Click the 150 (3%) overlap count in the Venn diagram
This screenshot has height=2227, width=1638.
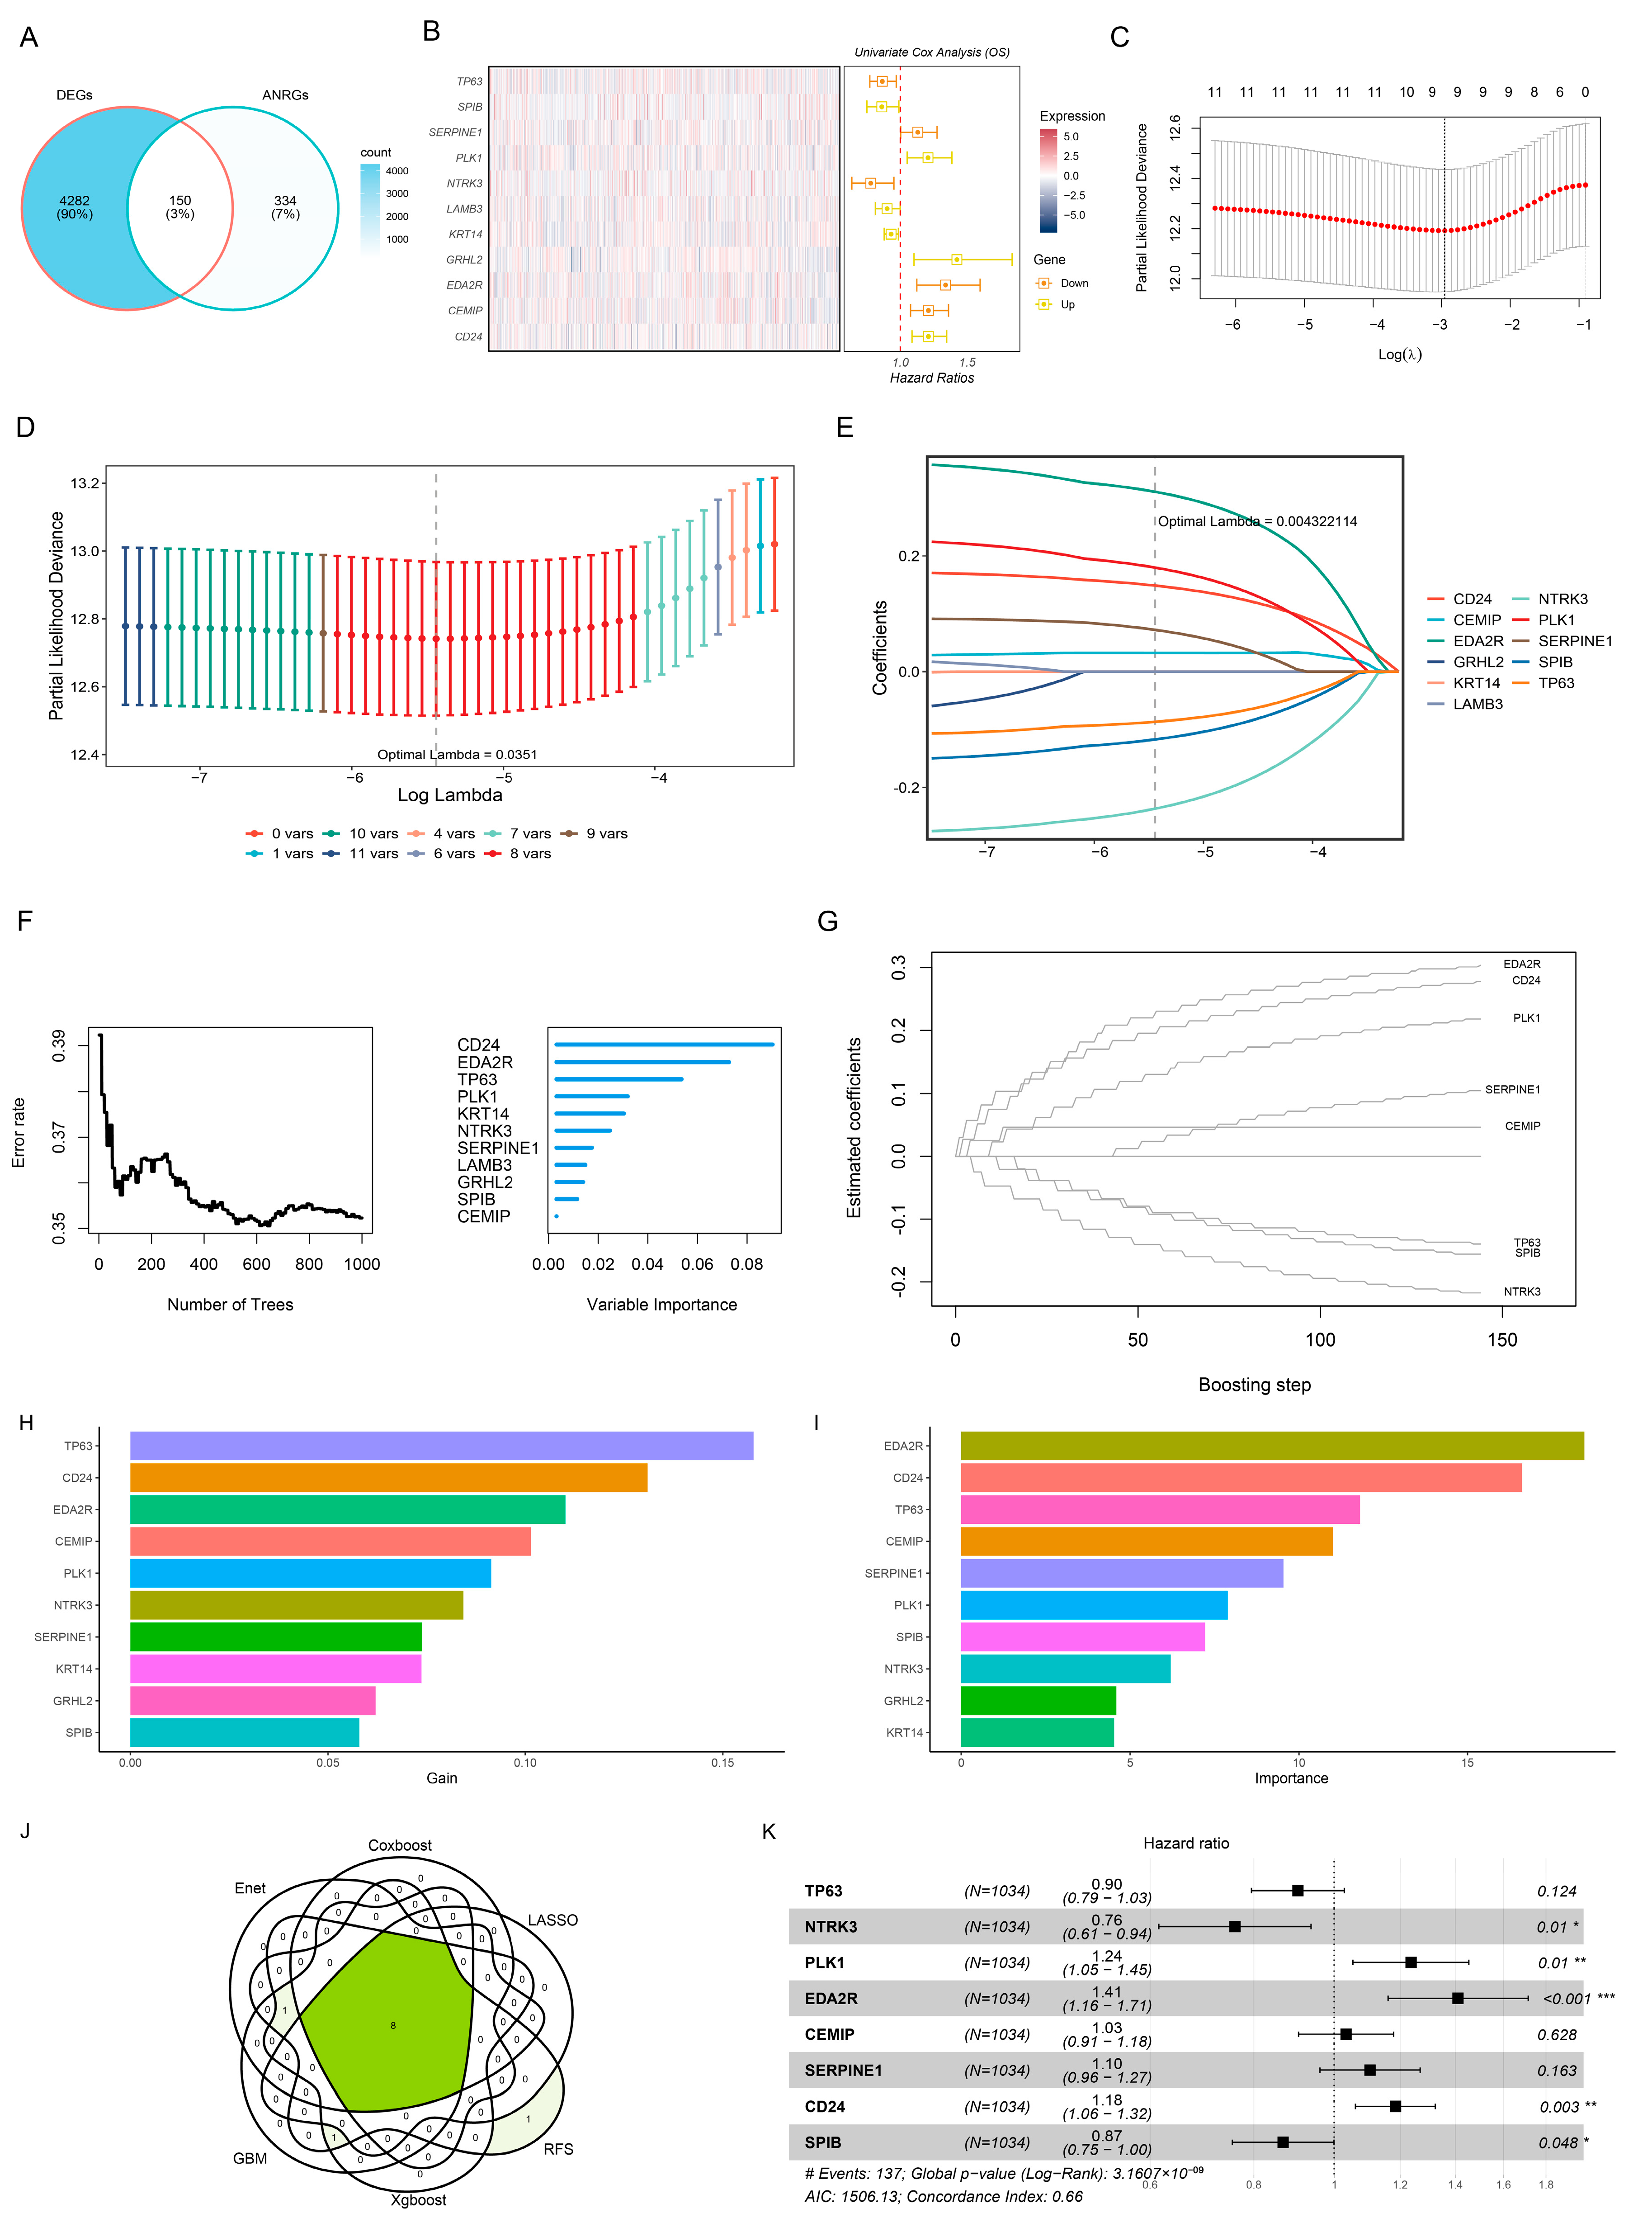pyautogui.click(x=179, y=207)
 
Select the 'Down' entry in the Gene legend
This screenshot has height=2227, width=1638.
pyautogui.click(x=1074, y=284)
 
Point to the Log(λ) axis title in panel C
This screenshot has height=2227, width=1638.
pyautogui.click(x=1399, y=354)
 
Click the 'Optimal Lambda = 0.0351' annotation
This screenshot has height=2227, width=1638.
pyautogui.click(x=457, y=755)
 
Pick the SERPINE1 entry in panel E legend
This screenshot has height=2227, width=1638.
pyautogui.click(x=1575, y=641)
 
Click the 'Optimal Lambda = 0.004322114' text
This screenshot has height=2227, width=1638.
pyautogui.click(x=1257, y=521)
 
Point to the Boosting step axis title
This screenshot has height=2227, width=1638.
pyautogui.click(x=1254, y=1385)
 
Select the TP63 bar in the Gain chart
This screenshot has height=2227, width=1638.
pyautogui.click(x=441, y=1446)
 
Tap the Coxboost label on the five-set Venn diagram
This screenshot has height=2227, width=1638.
pyautogui.click(x=400, y=1845)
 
